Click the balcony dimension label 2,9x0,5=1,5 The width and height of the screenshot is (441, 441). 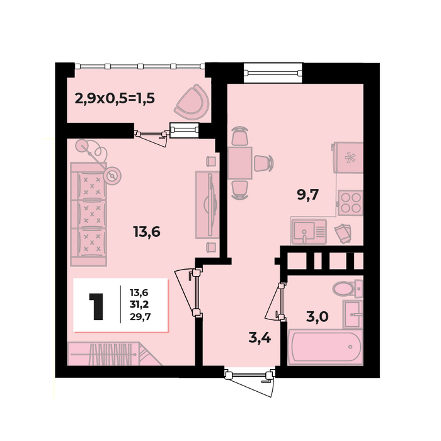pyautogui.click(x=115, y=98)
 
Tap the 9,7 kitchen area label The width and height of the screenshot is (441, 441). pyautogui.click(x=307, y=194)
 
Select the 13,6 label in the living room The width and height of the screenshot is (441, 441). pyautogui.click(x=147, y=232)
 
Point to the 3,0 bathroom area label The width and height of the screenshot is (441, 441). pyautogui.click(x=318, y=317)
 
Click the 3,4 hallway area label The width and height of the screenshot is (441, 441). pyautogui.click(x=260, y=338)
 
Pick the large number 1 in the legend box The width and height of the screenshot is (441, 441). pyautogui.click(x=96, y=306)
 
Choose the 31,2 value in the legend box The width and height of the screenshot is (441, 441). pyautogui.click(x=139, y=304)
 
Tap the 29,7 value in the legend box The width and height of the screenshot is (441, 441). pyautogui.click(x=140, y=317)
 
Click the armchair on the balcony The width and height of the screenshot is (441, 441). pyautogui.click(x=192, y=102)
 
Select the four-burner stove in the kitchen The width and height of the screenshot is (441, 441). pyautogui.click(x=350, y=203)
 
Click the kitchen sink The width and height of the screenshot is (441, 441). pyautogui.click(x=309, y=232)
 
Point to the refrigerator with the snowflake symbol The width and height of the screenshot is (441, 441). pyautogui.click(x=348, y=157)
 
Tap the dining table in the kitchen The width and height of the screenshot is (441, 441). pyautogui.click(x=239, y=163)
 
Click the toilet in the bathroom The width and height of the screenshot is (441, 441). pyautogui.click(x=347, y=289)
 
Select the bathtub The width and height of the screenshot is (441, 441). pyautogui.click(x=326, y=347)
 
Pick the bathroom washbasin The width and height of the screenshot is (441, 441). pyautogui.click(x=353, y=314)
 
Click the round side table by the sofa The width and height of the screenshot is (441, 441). pyautogui.click(x=112, y=176)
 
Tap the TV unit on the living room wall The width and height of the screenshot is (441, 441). pyautogui.click(x=207, y=205)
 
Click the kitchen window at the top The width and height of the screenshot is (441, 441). pyautogui.click(x=272, y=73)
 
